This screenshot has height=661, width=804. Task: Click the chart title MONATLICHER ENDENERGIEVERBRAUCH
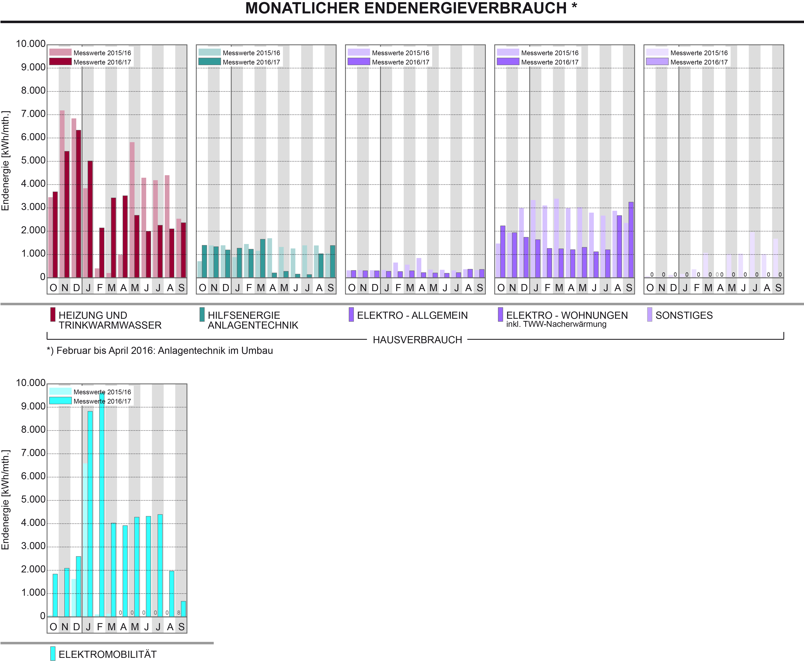point(411,8)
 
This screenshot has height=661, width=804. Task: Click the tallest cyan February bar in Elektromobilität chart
point(102,505)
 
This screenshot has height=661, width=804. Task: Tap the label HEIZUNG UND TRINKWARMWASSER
point(110,320)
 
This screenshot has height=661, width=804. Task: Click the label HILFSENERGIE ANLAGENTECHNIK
point(253,320)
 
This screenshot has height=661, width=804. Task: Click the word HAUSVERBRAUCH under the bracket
point(417,340)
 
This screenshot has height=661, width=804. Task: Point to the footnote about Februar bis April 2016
point(160,351)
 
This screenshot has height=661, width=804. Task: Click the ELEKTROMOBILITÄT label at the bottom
point(107,654)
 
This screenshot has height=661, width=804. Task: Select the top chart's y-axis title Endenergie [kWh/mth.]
point(5,161)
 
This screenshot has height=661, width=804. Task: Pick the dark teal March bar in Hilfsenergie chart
point(263,258)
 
